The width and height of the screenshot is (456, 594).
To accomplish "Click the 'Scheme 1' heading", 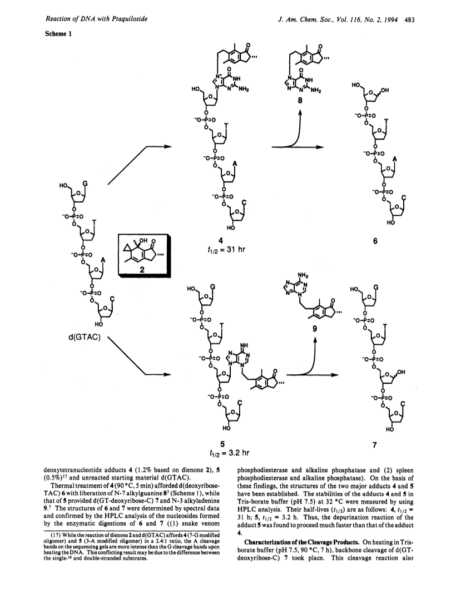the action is tap(58, 33).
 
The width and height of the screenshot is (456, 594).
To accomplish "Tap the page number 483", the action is tap(409, 19).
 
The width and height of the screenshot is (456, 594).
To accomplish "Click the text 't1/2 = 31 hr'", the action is tap(225, 250).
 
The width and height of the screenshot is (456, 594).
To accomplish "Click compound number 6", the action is tap(375, 241).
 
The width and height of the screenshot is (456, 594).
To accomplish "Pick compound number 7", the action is tap(375, 445).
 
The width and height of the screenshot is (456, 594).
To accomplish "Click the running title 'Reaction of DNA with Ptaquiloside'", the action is tap(96, 19).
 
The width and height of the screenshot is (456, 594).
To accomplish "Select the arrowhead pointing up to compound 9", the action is tap(315, 340).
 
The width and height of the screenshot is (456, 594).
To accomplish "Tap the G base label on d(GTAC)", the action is tap(85, 184).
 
